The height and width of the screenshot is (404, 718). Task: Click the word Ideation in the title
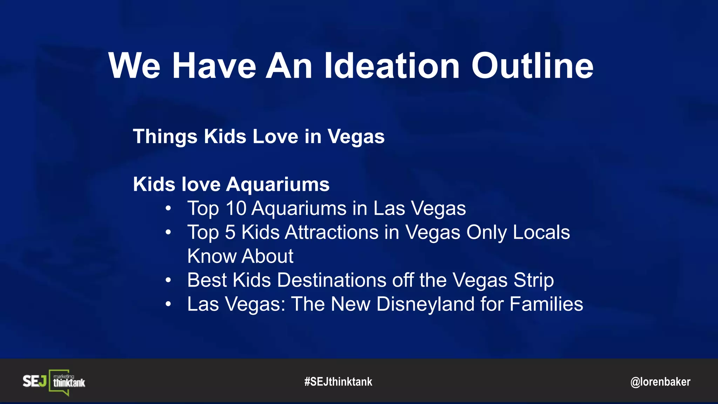(392, 66)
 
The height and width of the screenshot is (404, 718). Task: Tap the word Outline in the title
(532, 66)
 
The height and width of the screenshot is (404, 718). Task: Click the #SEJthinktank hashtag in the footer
(338, 382)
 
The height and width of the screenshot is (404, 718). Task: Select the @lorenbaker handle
(660, 382)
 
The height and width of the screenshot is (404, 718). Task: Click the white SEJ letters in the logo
(34, 381)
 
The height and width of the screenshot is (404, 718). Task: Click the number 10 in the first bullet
(236, 208)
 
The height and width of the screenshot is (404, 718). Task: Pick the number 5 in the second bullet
(230, 232)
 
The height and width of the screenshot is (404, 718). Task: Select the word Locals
(541, 232)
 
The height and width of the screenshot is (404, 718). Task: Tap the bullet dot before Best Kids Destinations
(168, 280)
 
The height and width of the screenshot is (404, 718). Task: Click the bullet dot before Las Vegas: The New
(168, 304)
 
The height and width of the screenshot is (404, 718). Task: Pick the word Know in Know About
(212, 256)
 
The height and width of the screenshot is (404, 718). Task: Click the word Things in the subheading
(165, 136)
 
